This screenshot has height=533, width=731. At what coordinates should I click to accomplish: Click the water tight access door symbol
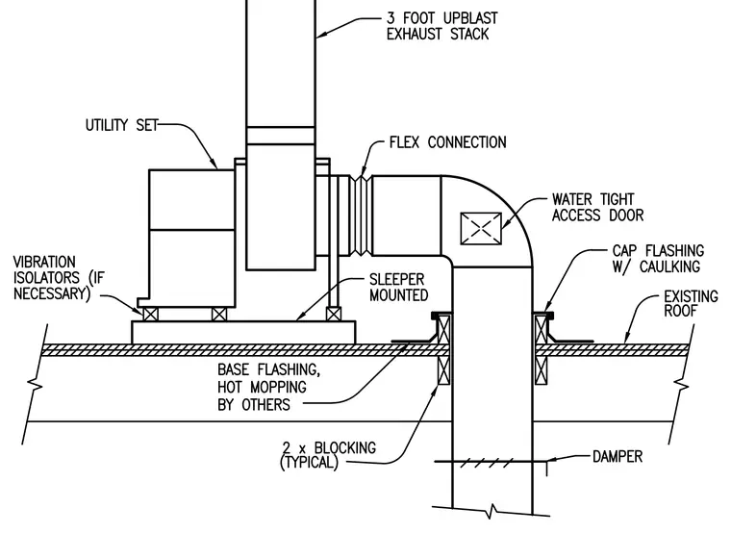click(x=481, y=228)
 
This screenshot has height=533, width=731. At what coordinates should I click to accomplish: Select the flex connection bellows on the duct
click(x=361, y=216)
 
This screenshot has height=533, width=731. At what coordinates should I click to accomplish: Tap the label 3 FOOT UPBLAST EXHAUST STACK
click(x=441, y=26)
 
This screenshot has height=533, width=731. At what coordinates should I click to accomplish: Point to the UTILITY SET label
click(x=122, y=125)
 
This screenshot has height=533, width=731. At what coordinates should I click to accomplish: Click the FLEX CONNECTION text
click(x=447, y=142)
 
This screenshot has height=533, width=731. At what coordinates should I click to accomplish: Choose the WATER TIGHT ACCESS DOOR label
click(x=597, y=207)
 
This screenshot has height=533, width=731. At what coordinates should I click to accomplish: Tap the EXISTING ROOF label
click(x=691, y=304)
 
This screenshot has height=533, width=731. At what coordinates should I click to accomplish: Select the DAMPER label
click(x=618, y=456)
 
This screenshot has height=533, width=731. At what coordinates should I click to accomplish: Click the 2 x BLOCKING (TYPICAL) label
click(x=328, y=455)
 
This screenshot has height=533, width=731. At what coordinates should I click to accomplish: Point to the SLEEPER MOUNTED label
click(x=398, y=288)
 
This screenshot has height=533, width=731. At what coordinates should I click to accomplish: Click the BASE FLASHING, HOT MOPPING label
click(x=268, y=387)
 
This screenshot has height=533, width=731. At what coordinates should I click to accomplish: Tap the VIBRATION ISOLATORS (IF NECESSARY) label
click(x=59, y=277)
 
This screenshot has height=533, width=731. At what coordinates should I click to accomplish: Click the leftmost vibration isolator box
click(x=150, y=315)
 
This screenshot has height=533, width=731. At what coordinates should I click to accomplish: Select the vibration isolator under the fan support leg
click(x=334, y=315)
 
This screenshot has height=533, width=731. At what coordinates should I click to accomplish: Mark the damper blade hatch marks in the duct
click(x=487, y=463)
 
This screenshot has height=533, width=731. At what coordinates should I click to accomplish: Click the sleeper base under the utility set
click(x=243, y=333)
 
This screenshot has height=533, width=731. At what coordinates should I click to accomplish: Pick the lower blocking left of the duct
click(x=443, y=370)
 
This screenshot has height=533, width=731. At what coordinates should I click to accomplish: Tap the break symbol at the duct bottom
click(x=492, y=511)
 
